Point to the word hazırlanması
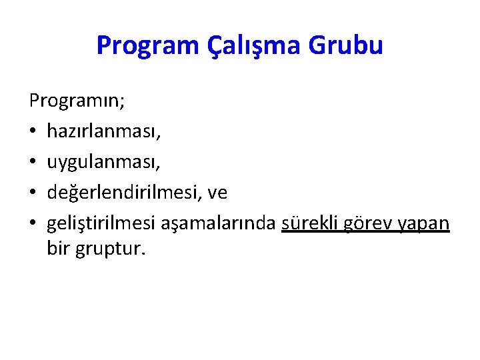103,132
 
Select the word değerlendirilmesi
125,193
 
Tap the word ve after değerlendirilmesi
218,193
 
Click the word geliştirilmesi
101,223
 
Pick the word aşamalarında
218,223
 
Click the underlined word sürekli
311,223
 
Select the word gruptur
109,250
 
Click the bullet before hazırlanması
33,133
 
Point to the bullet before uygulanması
33,163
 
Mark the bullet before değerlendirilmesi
33,193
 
